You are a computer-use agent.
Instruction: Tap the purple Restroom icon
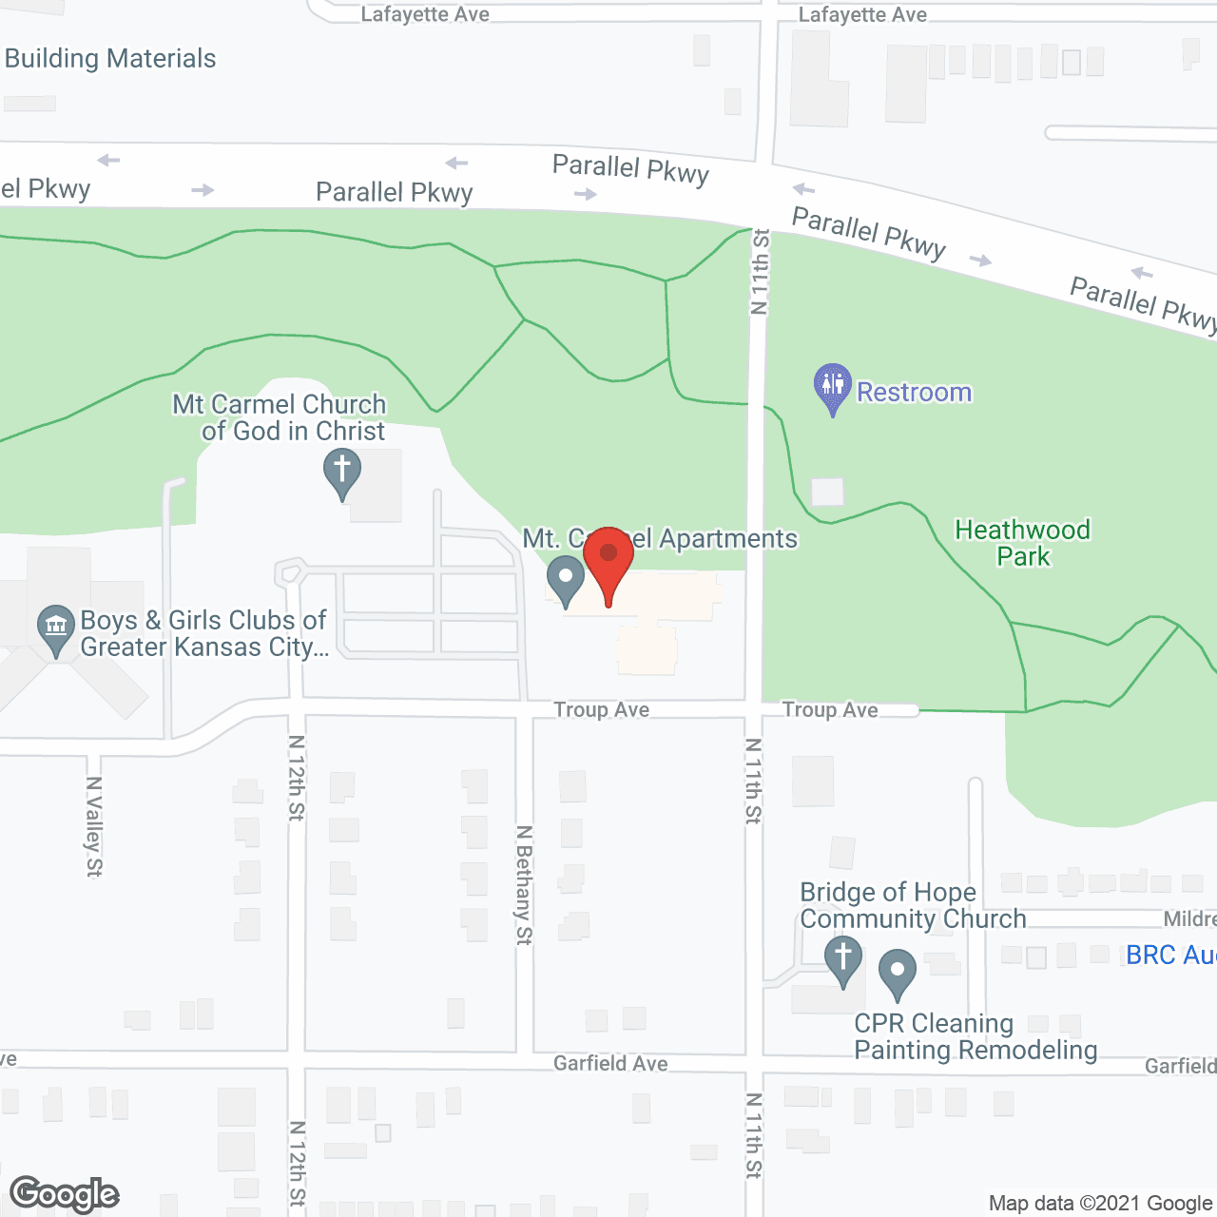(832, 386)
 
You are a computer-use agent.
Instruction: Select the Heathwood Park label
(1022, 543)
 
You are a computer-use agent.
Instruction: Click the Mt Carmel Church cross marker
(342, 472)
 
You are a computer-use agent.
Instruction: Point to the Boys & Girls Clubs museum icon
(56, 628)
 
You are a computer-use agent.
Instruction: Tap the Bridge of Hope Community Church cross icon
(842, 958)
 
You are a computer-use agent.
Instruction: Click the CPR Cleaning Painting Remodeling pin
(897, 973)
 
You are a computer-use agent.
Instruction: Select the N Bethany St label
(524, 884)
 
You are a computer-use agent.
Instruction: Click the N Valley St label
(93, 826)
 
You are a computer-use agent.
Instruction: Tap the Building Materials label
(110, 59)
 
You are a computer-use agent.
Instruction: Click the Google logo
(65, 1194)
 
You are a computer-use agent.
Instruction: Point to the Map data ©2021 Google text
(1100, 1204)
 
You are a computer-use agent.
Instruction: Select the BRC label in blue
(1169, 955)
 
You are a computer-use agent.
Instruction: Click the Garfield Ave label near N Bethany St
(610, 1063)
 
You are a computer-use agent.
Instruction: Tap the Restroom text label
(914, 392)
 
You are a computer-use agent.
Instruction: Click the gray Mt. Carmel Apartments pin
(566, 579)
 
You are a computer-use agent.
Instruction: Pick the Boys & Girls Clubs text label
(203, 633)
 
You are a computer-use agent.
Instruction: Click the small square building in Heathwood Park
(827, 492)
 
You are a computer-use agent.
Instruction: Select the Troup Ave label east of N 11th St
(830, 709)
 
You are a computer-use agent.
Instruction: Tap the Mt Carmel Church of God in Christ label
(280, 417)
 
